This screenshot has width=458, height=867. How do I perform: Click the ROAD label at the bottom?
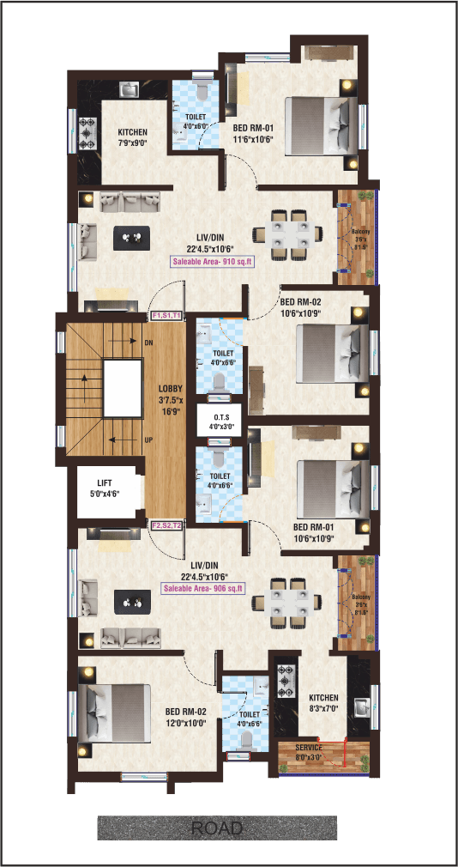217,829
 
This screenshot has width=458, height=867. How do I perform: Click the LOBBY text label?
171,399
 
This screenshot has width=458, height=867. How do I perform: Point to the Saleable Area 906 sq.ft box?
203,589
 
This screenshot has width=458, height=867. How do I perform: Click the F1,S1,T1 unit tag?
166,316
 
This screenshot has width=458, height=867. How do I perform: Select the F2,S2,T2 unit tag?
166,525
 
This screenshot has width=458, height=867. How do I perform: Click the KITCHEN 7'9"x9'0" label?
132,137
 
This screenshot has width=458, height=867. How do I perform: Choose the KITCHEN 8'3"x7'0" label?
323,703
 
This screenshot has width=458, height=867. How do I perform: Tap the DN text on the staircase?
149,343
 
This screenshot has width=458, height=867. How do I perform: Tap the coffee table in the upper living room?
131,238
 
